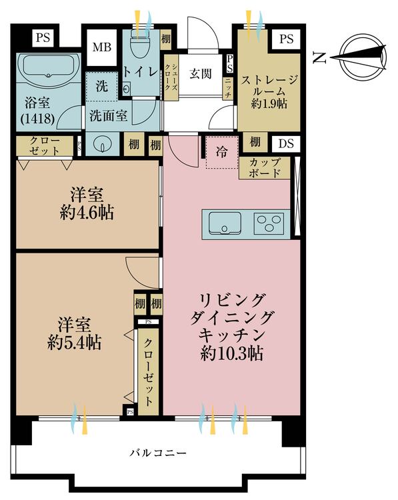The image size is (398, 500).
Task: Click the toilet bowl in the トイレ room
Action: (x=140, y=45)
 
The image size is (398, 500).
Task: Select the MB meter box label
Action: (x=102, y=47)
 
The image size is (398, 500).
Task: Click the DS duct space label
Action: (x=286, y=143)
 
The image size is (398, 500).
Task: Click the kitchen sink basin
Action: (x=225, y=223)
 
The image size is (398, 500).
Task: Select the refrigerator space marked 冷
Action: (x=222, y=153)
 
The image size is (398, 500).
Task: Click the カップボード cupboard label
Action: (x=265, y=168)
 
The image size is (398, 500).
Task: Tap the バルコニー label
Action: (x=158, y=453)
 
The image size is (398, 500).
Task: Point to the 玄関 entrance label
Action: (x=201, y=74)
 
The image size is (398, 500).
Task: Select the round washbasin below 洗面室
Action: (x=102, y=145)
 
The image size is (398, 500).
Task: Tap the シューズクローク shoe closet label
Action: (x=171, y=77)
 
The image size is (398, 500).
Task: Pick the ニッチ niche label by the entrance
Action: (x=228, y=89)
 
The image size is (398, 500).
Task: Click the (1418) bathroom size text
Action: (x=37, y=119)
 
